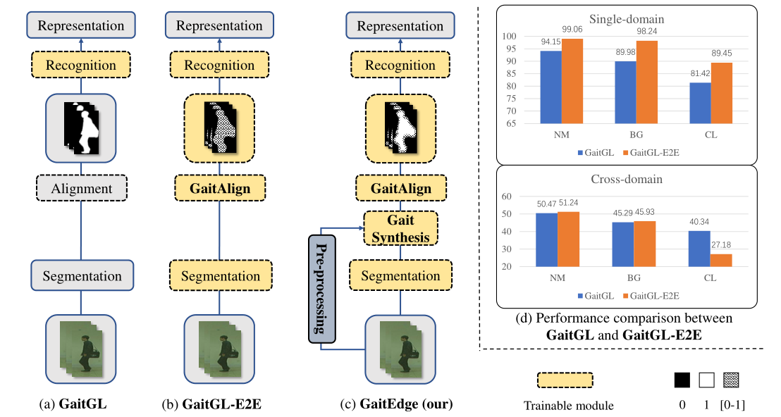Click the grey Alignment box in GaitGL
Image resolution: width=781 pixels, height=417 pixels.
[81, 188]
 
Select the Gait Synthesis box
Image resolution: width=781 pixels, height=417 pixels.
[400, 228]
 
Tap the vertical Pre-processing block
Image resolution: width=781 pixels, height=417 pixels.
[323, 289]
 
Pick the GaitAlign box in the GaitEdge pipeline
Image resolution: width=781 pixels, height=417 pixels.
[400, 189]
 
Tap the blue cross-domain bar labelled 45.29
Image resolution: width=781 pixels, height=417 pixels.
[624, 244]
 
